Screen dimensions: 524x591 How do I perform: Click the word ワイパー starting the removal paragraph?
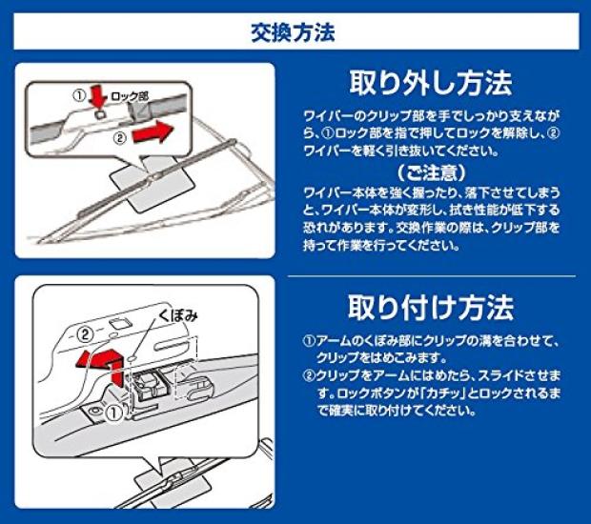tap(317, 115)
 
